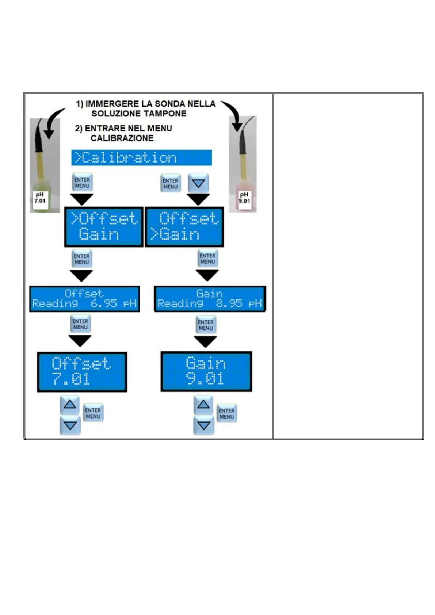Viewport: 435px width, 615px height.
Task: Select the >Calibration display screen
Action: pos(141,158)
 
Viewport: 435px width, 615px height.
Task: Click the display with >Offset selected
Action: pos(104,227)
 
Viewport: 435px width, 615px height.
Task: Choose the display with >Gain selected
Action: pos(184,227)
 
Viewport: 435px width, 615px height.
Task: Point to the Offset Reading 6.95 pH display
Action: pos(84,299)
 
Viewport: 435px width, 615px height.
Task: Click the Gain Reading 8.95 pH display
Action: pos(210,299)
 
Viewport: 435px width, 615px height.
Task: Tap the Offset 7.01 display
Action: pos(82,372)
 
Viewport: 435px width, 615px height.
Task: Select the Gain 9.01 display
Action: pos(206,371)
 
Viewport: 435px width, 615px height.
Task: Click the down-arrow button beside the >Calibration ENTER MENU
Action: pos(198,183)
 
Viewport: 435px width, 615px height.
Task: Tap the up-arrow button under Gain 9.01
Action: pos(203,404)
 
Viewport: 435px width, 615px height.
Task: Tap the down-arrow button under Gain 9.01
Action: pos(203,425)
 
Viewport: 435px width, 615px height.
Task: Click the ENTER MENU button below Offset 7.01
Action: pos(93,413)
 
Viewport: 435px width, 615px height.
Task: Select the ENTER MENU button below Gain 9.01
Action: pos(226,413)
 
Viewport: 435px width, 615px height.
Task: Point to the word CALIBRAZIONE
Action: pos(122,138)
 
